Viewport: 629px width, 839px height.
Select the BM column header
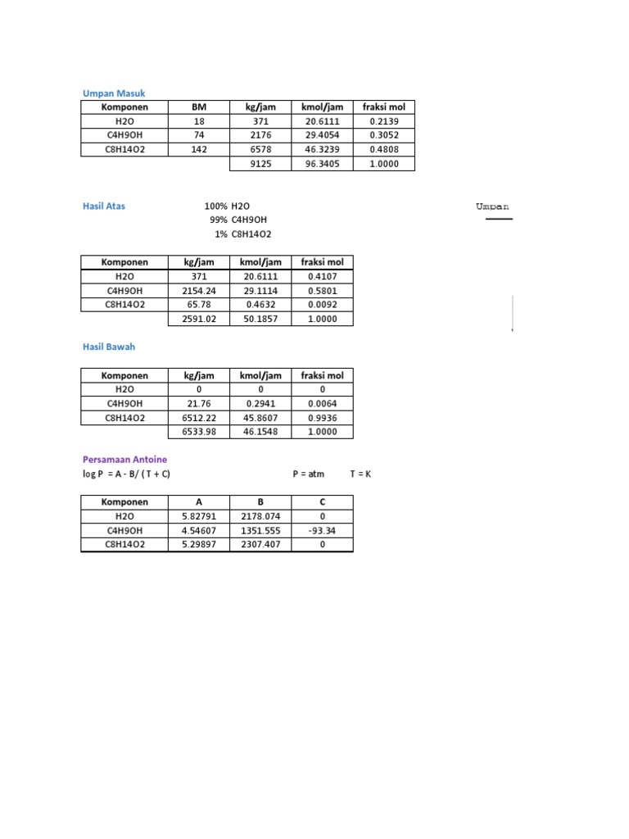tap(199, 107)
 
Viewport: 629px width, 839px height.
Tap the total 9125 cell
tap(260, 164)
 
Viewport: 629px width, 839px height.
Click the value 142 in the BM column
tap(199, 150)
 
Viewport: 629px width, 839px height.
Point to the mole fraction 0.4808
tap(383, 150)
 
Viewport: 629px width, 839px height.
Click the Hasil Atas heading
tap(103, 206)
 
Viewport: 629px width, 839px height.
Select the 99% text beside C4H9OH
tap(217, 220)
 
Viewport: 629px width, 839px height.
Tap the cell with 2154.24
tap(198, 291)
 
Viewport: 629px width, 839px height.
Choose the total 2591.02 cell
tap(198, 320)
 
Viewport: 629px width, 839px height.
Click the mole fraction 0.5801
tap(322, 291)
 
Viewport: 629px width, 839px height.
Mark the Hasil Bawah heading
tap(108, 347)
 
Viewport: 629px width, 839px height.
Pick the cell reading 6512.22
tap(198, 418)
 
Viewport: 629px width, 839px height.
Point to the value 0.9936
tap(322, 418)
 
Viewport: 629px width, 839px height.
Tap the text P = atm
tap(308, 474)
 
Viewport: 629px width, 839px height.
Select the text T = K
tap(360, 474)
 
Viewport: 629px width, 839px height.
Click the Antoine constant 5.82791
tap(198, 517)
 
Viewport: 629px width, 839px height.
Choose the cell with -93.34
tap(322, 531)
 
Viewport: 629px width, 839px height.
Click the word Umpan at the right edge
tap(492, 207)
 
